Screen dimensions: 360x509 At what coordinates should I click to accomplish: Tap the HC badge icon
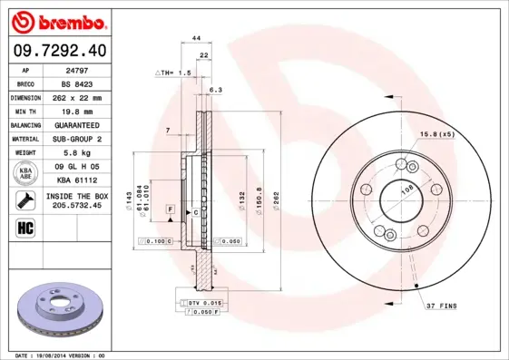click(26, 227)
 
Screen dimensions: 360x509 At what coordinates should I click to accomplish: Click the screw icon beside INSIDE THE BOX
click(26, 199)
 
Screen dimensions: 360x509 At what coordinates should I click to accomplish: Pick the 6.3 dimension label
click(216, 91)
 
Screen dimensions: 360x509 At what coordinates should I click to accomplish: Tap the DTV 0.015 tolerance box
click(205, 302)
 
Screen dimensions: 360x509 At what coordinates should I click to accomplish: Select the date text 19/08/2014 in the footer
click(62, 355)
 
